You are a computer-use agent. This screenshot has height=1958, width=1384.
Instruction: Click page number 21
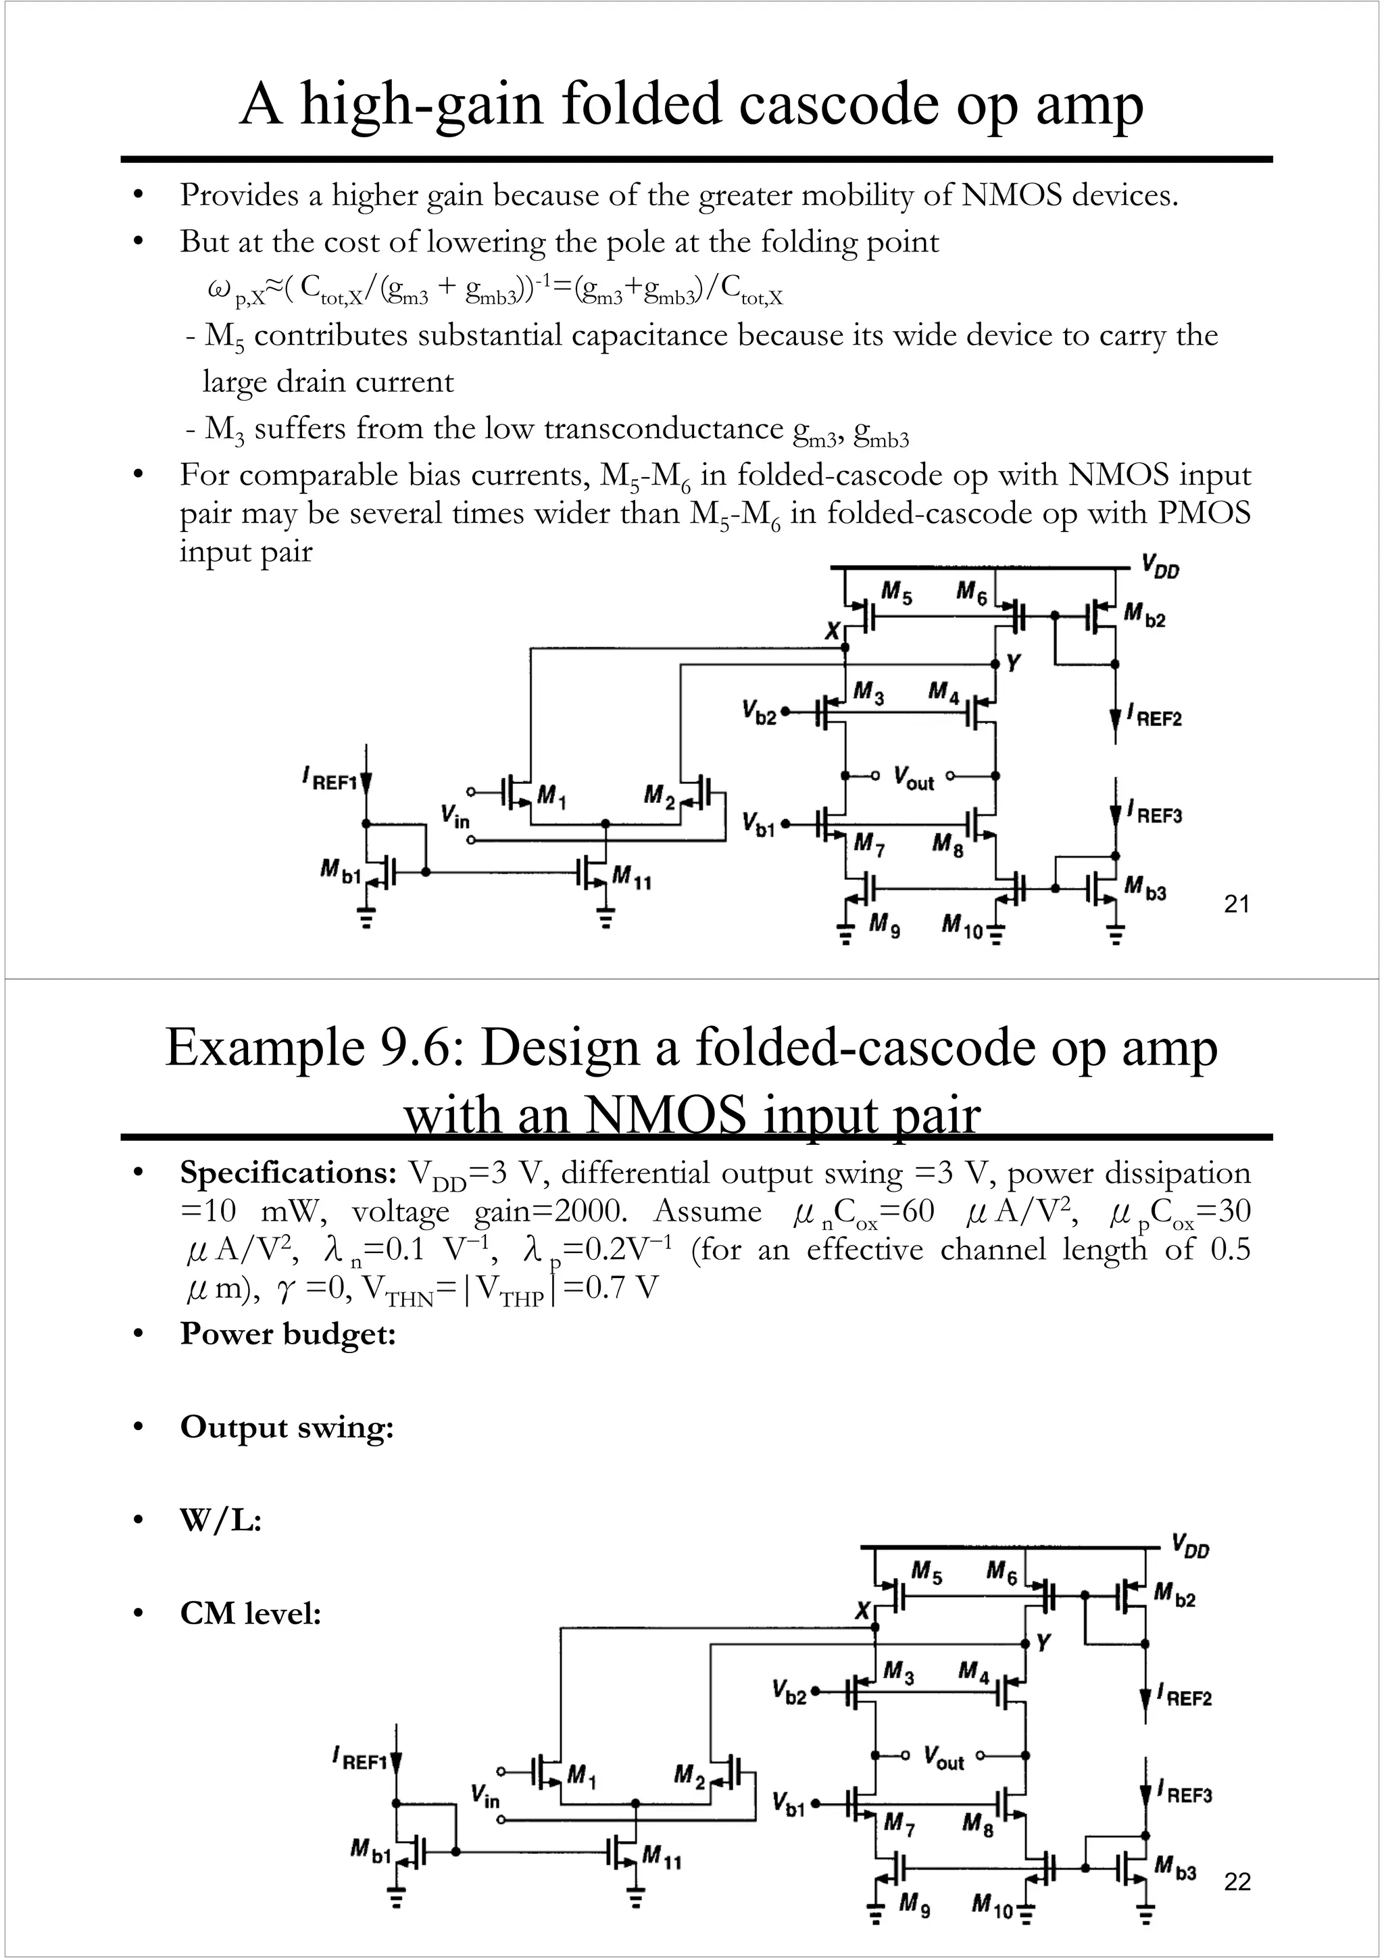click(x=1237, y=904)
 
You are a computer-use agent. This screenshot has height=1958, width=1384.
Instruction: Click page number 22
click(x=1237, y=1882)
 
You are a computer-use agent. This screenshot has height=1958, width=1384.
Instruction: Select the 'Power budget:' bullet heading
click(x=287, y=1333)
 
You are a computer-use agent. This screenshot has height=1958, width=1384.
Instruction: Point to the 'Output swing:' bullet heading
click(x=287, y=1427)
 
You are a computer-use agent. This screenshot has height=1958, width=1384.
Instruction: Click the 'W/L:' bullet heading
click(x=220, y=1519)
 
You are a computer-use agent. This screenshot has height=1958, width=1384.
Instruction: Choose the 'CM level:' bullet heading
click(x=250, y=1613)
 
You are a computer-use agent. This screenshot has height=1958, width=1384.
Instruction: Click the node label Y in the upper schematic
click(x=1013, y=662)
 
